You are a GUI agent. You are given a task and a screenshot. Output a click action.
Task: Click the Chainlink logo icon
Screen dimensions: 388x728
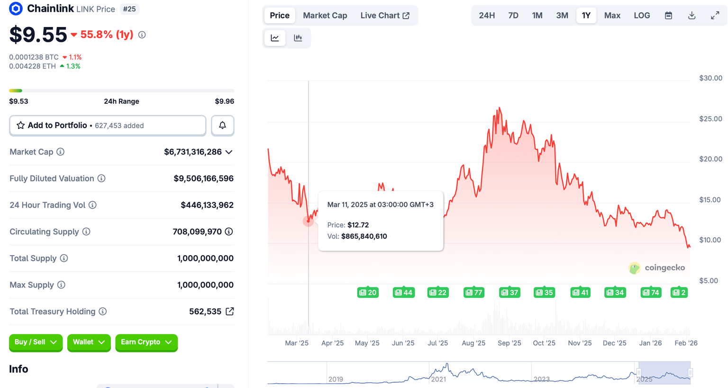coord(16,9)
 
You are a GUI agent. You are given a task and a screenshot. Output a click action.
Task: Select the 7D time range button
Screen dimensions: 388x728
coord(513,16)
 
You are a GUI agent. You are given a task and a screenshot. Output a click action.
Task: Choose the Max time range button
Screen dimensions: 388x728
coord(612,16)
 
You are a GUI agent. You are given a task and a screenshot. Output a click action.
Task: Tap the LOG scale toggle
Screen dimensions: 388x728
coord(642,16)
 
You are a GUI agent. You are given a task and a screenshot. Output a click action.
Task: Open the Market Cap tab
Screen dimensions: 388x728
coord(325,16)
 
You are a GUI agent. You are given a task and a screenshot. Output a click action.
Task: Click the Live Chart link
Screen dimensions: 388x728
coord(385,16)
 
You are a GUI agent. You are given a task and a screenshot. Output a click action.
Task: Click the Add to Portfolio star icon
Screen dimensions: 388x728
coord(21,125)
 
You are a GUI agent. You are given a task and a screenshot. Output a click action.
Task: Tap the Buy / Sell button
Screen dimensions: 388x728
coord(36,342)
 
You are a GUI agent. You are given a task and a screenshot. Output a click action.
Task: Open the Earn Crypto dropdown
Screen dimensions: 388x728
coord(146,342)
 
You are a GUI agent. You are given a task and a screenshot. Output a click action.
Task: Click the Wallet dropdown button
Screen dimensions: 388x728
coord(89,342)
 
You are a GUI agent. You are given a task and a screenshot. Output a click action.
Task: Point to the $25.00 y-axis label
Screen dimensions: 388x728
coord(710,119)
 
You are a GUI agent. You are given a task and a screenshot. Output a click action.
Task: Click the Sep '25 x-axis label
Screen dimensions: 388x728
coord(509,343)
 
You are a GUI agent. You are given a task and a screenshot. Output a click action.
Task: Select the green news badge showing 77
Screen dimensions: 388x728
coord(473,293)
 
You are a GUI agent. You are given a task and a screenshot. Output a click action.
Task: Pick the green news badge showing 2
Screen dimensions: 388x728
coord(679,293)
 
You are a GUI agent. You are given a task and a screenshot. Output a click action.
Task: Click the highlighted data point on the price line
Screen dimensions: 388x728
coord(309,221)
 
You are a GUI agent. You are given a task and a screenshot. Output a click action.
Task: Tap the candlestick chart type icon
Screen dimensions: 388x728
coord(298,38)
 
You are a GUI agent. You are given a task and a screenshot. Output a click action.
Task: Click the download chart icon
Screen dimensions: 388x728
coord(692,16)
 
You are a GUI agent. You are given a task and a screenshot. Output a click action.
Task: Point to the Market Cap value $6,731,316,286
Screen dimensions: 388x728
coord(192,152)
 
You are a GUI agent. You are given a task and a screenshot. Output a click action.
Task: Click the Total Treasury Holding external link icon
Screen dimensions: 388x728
coord(230,311)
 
